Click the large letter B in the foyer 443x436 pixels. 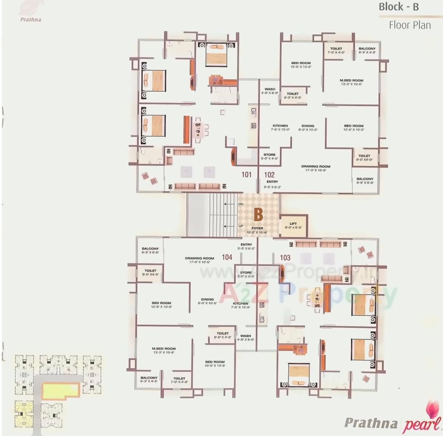click(258, 215)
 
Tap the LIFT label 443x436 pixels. click(293, 224)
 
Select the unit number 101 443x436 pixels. click(246, 175)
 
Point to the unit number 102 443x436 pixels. click(269, 175)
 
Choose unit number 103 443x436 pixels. click(285, 257)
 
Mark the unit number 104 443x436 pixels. click(227, 257)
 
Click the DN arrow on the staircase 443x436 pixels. click(229, 204)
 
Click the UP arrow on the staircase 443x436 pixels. click(229, 226)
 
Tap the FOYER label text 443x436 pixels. click(257, 228)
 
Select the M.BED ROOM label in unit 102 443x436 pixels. click(351, 80)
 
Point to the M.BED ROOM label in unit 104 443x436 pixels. click(163, 349)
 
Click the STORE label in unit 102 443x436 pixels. click(270, 155)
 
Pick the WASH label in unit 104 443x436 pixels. click(246, 336)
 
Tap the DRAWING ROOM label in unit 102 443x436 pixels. click(315, 166)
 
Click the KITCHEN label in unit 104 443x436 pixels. click(240, 303)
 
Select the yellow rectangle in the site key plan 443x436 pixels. click(60, 390)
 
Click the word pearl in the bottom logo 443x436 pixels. click(421, 425)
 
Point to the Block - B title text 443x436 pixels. click(399, 7)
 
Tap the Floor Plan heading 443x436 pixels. click(410, 25)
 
